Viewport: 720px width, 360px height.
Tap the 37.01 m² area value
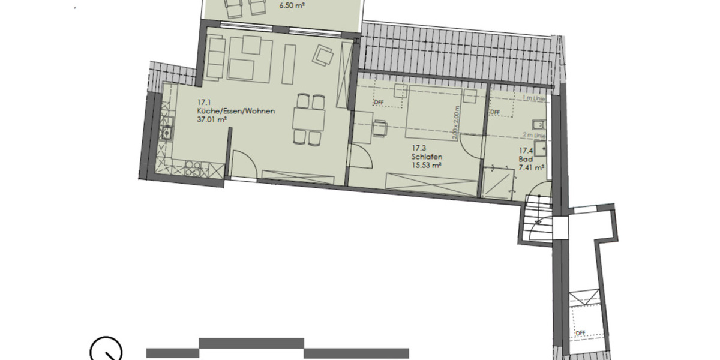[x=212, y=120]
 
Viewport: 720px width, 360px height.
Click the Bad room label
[x=525, y=160]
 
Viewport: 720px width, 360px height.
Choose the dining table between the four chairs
[x=308, y=119]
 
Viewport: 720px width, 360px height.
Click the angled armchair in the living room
[x=324, y=56]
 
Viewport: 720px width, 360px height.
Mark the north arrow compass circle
[x=106, y=350]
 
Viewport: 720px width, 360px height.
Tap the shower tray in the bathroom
[x=499, y=184]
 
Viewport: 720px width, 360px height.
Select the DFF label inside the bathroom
[x=495, y=112]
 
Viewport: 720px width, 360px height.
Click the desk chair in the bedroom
[x=379, y=129]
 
